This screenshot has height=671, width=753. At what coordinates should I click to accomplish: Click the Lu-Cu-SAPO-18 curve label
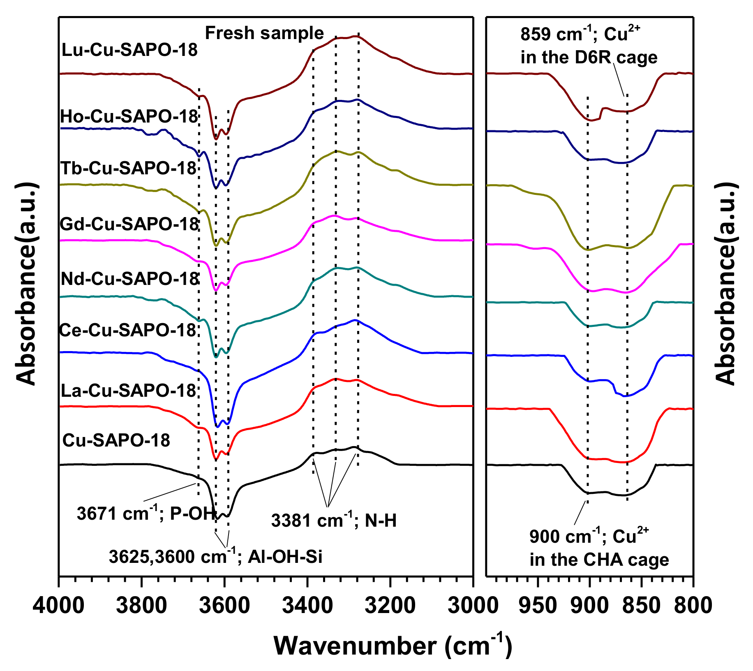pyautogui.click(x=129, y=50)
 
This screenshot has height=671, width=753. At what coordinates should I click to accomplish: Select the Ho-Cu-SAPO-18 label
pyautogui.click(x=129, y=117)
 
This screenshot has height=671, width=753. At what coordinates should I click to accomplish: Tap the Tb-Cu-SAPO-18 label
pyautogui.click(x=128, y=168)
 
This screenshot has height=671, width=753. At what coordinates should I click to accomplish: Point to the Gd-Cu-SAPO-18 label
pyautogui.click(x=129, y=224)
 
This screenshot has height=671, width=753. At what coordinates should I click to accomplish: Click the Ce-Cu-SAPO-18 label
pyautogui.click(x=127, y=330)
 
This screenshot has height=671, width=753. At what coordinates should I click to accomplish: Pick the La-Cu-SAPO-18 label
pyautogui.click(x=128, y=391)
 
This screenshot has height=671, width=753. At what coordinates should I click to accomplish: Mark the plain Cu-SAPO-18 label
pyautogui.click(x=116, y=441)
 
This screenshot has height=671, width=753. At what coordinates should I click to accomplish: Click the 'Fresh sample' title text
pyautogui.click(x=264, y=33)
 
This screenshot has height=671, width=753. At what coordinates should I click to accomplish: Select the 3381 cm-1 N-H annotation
pyautogui.click(x=334, y=521)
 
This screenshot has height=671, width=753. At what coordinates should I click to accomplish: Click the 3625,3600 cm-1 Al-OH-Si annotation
pyautogui.click(x=215, y=556)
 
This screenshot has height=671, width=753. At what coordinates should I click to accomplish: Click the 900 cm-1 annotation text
pyautogui.click(x=599, y=548)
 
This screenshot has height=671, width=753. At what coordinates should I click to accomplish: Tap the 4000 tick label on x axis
pyautogui.click(x=59, y=606)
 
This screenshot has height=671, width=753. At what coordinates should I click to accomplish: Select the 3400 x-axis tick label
pyautogui.click(x=307, y=606)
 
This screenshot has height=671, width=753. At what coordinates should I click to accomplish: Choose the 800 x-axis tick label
pyautogui.click(x=693, y=606)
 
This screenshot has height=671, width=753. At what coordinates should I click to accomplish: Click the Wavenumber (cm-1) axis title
pyautogui.click(x=393, y=646)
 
